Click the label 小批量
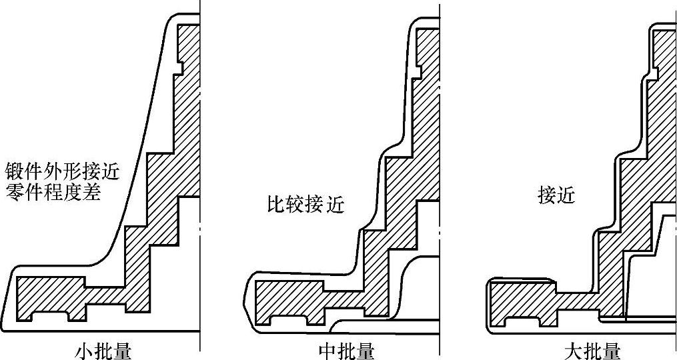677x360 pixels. click(x=103, y=351)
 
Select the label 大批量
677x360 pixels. click(x=592, y=351)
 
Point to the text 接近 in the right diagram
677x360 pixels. click(x=556, y=195)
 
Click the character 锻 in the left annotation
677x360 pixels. click(x=14, y=171)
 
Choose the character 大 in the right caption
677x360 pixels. click(x=573, y=351)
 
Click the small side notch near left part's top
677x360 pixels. click(x=180, y=67)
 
